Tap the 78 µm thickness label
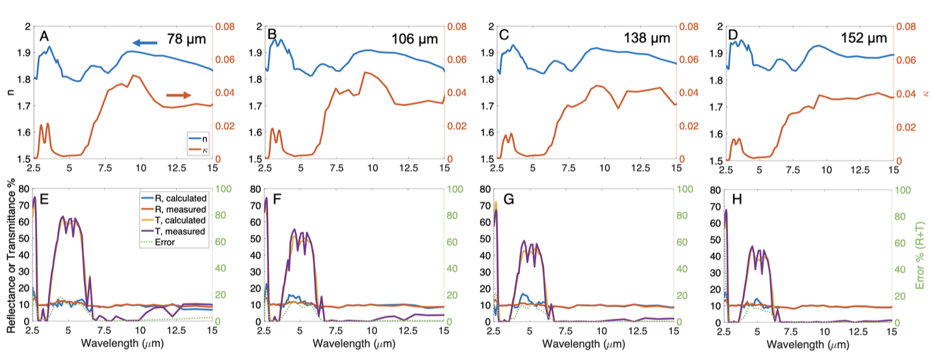[186, 39]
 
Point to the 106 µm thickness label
[413, 39]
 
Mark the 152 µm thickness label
[869, 39]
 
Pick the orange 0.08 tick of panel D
[908, 27]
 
